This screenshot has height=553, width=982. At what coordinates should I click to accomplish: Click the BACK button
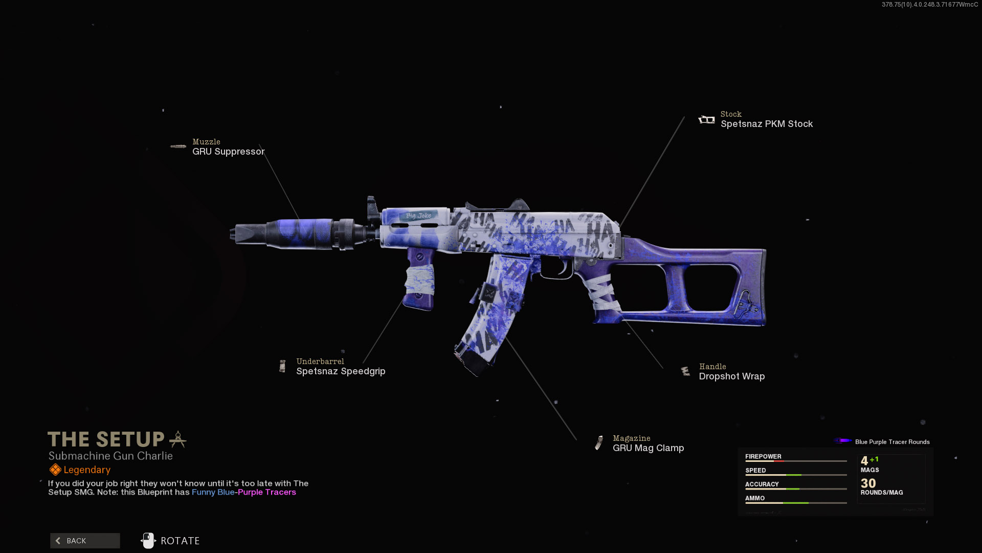(x=85, y=541)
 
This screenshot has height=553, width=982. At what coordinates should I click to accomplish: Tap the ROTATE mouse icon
(x=148, y=541)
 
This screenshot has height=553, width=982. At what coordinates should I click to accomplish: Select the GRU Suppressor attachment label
(x=228, y=152)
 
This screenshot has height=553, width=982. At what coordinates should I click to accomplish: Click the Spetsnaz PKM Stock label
(x=766, y=124)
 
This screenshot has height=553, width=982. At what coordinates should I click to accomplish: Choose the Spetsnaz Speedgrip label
(x=341, y=371)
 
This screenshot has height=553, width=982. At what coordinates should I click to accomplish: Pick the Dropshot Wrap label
(x=731, y=376)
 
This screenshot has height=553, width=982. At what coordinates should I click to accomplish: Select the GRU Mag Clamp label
(x=648, y=448)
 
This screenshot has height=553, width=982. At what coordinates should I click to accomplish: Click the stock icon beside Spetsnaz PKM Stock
(x=706, y=120)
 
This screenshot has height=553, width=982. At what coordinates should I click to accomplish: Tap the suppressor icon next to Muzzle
(x=178, y=146)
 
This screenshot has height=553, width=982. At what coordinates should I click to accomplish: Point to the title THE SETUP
(x=106, y=439)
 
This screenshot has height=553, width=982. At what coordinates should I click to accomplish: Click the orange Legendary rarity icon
(x=55, y=470)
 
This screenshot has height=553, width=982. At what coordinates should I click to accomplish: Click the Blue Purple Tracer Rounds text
(x=892, y=442)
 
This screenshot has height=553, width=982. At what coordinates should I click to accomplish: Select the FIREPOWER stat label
(x=763, y=456)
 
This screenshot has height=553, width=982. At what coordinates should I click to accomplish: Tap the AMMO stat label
(x=755, y=498)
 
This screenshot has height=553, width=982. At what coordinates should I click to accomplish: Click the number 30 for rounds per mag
(x=868, y=483)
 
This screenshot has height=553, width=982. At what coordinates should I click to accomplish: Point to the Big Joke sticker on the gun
(x=418, y=216)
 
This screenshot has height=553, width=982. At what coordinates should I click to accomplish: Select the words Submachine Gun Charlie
(x=110, y=456)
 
